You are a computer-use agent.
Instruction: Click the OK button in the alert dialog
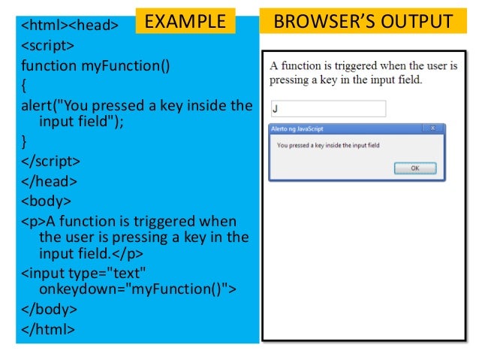[414, 168]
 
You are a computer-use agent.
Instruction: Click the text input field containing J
[327, 109]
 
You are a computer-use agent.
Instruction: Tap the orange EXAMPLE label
[185, 21]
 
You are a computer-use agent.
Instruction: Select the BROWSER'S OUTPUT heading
[363, 21]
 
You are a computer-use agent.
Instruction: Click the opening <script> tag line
[49, 46]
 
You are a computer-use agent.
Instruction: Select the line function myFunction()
[95, 65]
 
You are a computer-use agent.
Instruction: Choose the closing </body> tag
[49, 308]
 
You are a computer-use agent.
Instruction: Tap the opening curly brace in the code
[24, 85]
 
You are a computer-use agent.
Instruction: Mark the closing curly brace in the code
[24, 141]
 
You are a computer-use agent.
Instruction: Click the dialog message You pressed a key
[328, 144]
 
